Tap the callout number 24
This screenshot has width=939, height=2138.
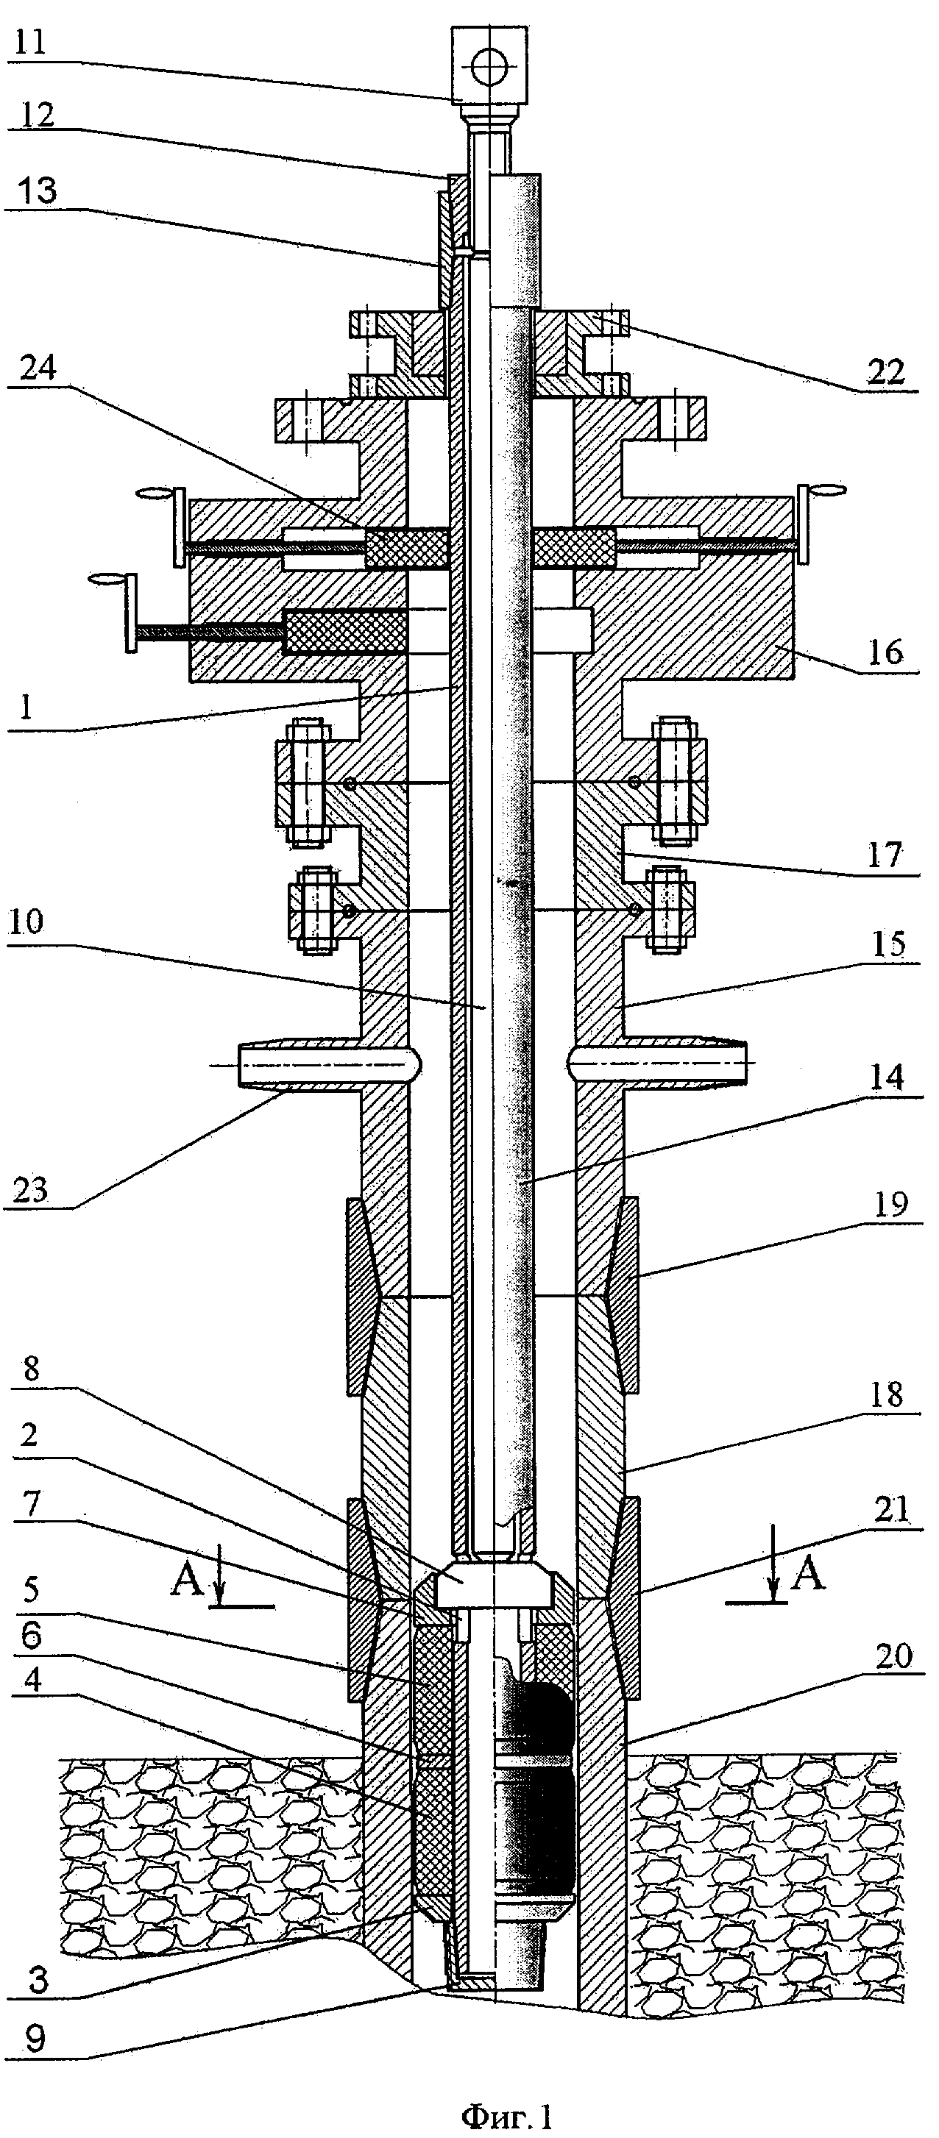click(x=38, y=368)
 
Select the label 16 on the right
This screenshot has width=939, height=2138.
click(x=885, y=652)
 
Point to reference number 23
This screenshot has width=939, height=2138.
click(x=31, y=1191)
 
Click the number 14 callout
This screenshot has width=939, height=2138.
click(x=886, y=1077)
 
